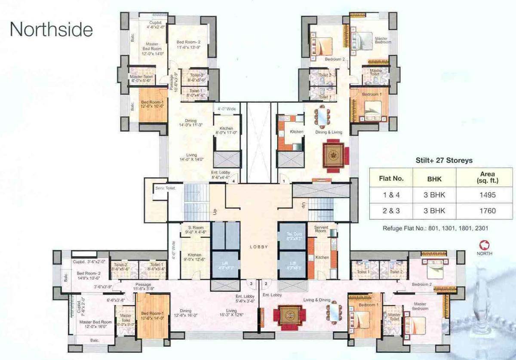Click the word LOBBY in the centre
pos(259,247)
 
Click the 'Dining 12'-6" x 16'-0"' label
pos(186,313)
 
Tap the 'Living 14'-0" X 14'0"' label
pos(191,157)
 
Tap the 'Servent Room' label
pos(322,229)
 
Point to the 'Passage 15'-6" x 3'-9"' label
pos(144,287)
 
